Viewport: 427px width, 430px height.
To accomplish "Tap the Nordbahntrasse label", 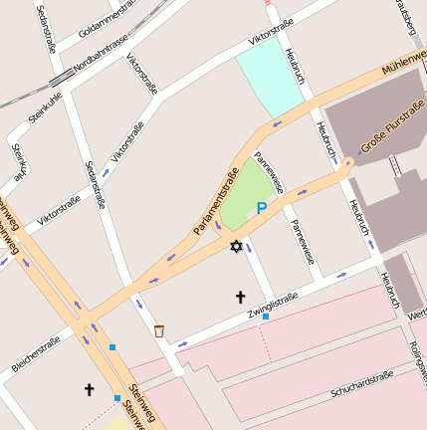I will coord(102,56).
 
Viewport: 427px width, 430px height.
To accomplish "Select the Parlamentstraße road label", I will coord(217,202).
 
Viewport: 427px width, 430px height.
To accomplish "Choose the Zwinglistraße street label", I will coord(272,305).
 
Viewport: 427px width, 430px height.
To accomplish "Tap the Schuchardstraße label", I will coord(362,383).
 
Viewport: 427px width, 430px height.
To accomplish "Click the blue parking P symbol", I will coord(261,208).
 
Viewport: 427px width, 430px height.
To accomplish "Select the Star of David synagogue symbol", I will coord(236,246).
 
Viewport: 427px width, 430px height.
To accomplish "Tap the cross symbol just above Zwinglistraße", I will coord(239,297).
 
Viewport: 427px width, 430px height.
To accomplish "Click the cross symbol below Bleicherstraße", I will coord(89,389).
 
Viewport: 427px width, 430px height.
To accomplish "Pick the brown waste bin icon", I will coord(159,330).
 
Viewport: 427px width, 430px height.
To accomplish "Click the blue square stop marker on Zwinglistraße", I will coord(265,317).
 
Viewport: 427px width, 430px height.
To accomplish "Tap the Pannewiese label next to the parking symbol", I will coord(271,172).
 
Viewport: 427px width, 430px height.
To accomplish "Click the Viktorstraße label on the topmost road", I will coord(271,30).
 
